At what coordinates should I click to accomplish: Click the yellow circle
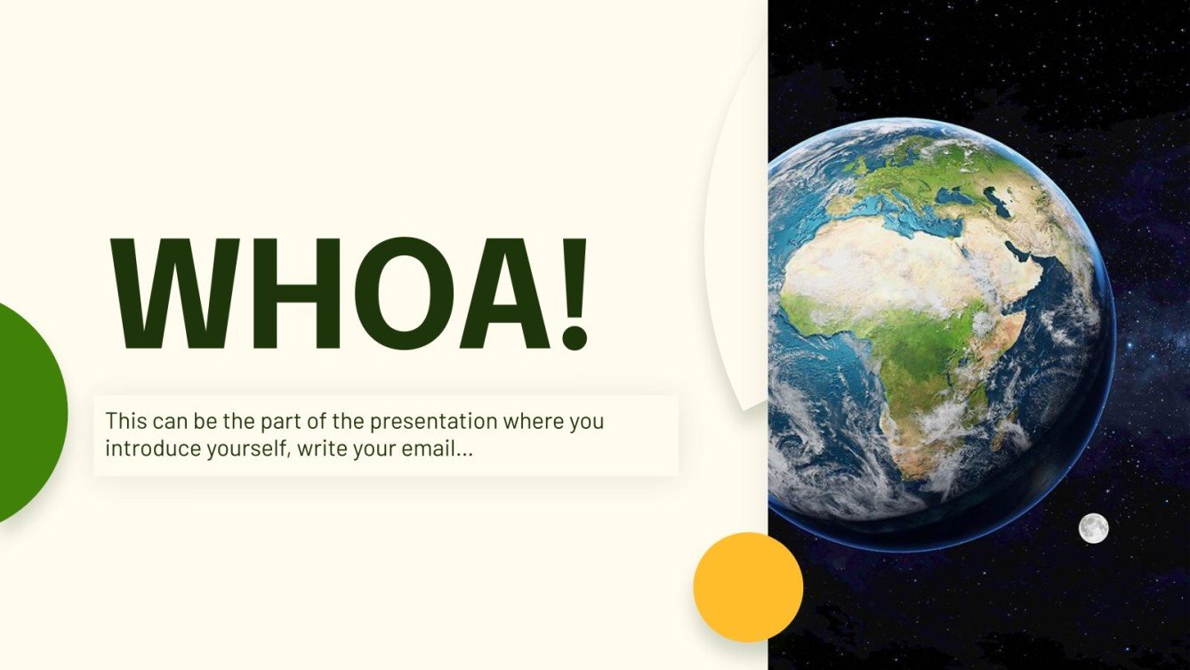(748, 587)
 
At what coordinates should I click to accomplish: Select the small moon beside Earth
(1093, 528)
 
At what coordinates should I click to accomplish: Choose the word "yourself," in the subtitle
(248, 448)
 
